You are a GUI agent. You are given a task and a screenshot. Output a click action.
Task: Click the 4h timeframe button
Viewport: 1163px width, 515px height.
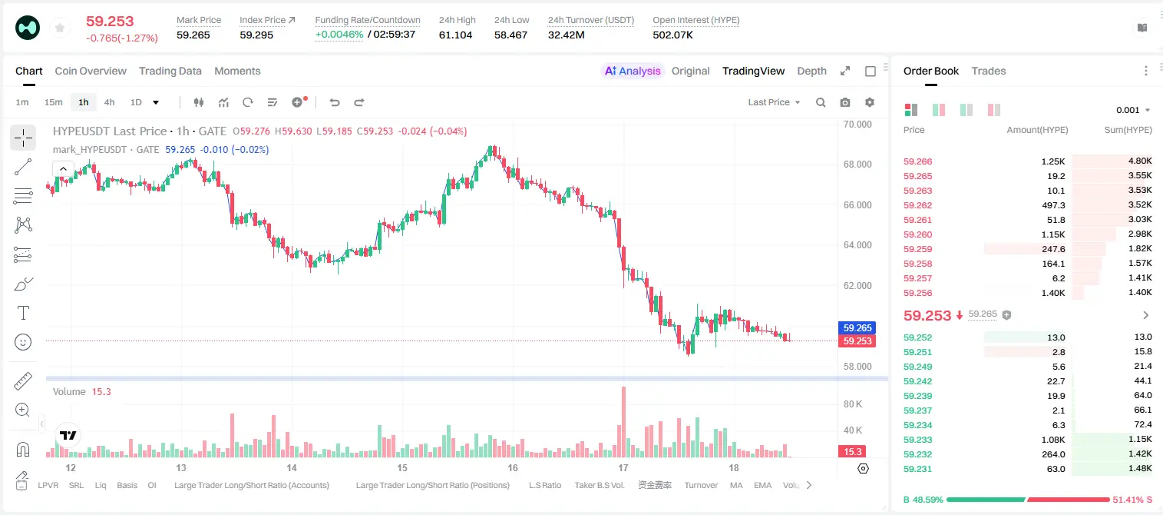tap(109, 102)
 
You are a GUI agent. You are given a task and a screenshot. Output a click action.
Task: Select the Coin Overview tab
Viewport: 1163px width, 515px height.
tap(91, 71)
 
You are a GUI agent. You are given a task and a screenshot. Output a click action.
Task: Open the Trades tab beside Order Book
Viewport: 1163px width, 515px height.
tap(989, 71)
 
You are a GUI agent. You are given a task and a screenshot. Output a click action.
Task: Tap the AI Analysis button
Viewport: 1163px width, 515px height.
tap(633, 71)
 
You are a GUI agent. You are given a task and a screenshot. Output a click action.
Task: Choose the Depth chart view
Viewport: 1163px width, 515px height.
tap(811, 71)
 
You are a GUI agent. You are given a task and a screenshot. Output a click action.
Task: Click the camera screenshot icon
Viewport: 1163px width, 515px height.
tap(845, 102)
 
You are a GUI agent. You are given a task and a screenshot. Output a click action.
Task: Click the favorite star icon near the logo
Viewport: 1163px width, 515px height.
tap(60, 28)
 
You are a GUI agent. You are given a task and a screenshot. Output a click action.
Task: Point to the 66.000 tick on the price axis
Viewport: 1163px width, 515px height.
tap(857, 204)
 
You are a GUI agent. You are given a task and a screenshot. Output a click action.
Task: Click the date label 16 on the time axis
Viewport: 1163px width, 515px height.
tap(513, 467)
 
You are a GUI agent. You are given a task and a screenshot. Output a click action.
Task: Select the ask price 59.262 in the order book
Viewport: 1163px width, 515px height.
tap(917, 205)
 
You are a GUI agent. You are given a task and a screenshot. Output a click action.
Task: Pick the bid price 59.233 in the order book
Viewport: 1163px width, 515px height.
tap(917, 440)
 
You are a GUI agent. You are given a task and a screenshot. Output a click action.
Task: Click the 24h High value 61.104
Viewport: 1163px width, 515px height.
tap(455, 35)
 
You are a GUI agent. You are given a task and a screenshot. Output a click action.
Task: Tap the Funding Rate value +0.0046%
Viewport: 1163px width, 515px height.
tap(339, 35)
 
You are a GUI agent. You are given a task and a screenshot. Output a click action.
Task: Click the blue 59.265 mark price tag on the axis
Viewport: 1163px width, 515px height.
tap(857, 328)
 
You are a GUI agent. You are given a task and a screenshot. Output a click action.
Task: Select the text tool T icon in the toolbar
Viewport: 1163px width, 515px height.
tap(23, 313)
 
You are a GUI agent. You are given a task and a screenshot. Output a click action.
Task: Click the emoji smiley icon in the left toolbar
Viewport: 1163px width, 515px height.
tap(23, 342)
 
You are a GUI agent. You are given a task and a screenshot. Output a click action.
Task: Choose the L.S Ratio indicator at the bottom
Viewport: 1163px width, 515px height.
tap(544, 485)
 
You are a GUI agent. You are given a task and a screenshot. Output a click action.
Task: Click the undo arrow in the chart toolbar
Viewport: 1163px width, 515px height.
tap(335, 102)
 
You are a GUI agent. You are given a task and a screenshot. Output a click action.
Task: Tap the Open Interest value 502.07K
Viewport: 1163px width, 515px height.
tap(672, 35)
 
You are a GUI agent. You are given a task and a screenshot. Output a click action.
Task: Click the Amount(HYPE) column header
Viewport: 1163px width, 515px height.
tap(1037, 130)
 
